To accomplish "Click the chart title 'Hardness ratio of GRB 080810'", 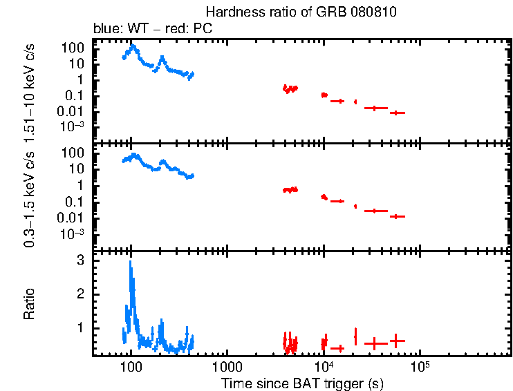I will coord(301,12).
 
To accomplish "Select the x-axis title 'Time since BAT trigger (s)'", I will coord(302,383).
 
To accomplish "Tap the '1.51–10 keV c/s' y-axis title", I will coord(31,90).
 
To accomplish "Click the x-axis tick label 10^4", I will coord(323,367).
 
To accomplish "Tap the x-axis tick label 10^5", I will coord(419,367).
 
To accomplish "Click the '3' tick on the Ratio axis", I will coord(81,260).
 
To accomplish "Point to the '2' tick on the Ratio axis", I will coord(81,294).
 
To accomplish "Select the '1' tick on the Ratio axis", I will coord(81,327).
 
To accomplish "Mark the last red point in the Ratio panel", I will coord(396,340).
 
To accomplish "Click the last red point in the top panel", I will coord(396,113).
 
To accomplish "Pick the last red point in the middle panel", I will coord(396,216).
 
